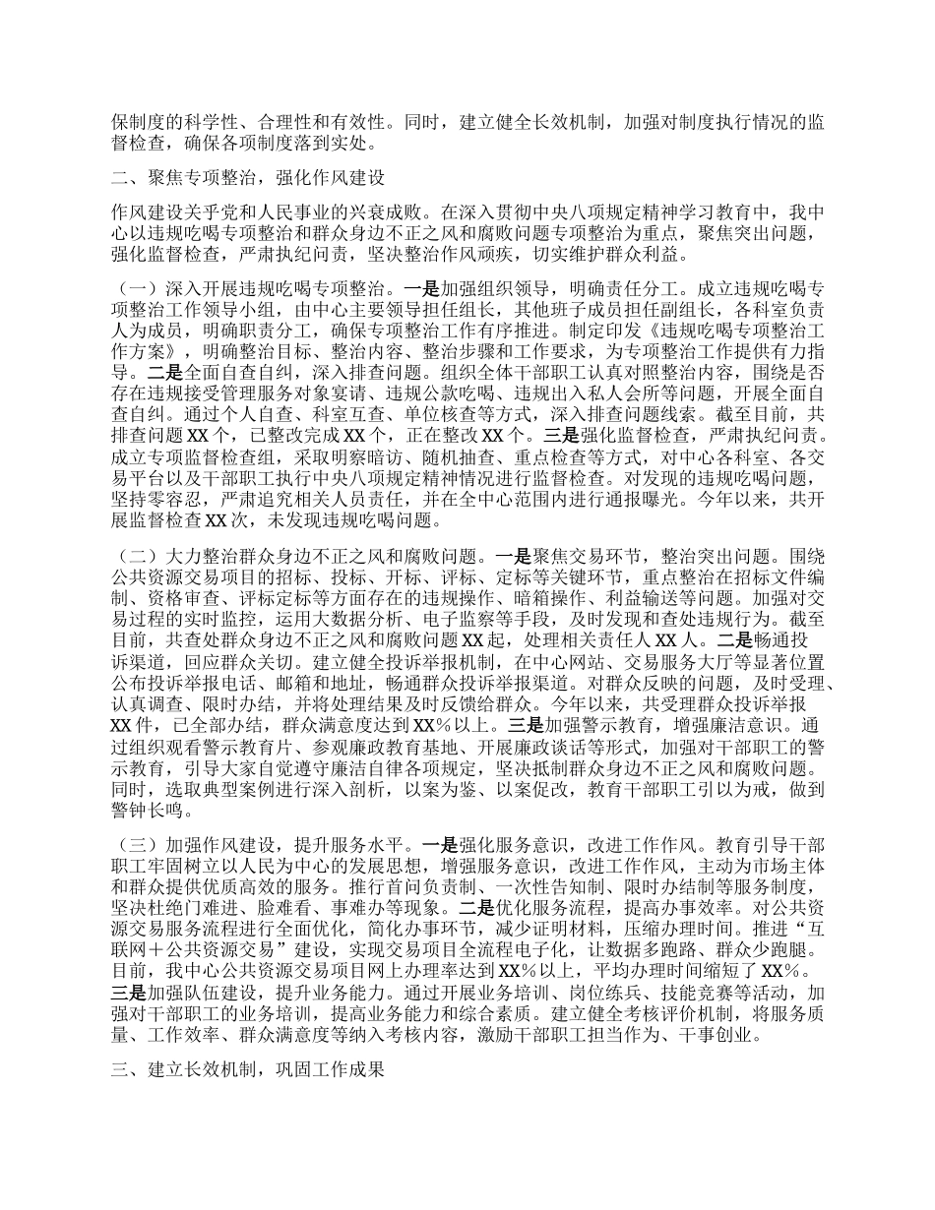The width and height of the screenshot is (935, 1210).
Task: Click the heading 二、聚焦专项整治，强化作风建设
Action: pos(246,178)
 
